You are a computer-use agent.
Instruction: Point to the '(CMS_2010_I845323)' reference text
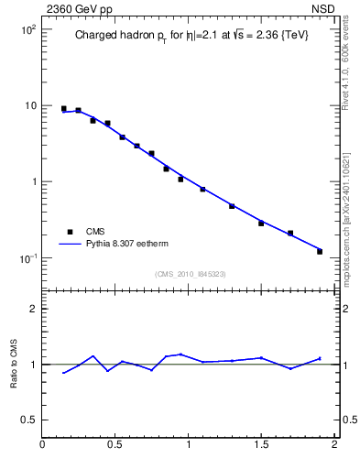(x=190, y=274)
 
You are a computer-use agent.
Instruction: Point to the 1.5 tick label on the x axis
(x=261, y=446)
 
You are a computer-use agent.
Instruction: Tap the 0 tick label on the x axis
(x=43, y=446)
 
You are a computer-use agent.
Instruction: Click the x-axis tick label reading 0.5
(x=115, y=446)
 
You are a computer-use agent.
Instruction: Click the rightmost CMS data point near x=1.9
(x=320, y=251)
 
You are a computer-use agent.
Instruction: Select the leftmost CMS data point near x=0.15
(x=64, y=109)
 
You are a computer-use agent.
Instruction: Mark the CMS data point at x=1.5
(x=261, y=224)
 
